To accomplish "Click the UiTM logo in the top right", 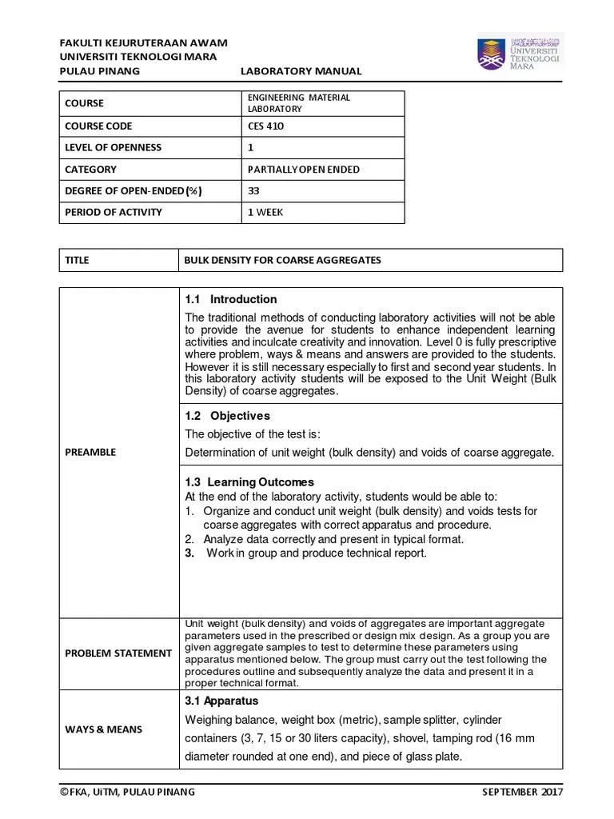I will pos(520,53).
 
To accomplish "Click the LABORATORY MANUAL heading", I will pos(301,71).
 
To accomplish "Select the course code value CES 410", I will pos(265,126).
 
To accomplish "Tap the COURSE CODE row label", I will pos(98,126).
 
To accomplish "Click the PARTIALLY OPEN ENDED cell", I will pos(304,170).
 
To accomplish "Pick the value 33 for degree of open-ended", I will pos(254,191).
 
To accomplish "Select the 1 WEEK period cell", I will pos(266,213).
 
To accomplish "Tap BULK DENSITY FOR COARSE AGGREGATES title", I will pos(282,261).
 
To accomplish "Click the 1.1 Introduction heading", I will pos(230,300).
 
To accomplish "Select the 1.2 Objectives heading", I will pos(227,416).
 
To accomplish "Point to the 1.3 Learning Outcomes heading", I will pos(249,482).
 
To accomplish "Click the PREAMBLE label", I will pos(90,453).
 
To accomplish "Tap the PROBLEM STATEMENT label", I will pos(118,653).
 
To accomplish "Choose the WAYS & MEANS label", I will pos(103,729).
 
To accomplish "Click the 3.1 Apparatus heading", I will pos(221,701).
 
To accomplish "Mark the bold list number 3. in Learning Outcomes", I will pos(189,553).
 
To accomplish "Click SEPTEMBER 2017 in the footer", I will pos(523,793).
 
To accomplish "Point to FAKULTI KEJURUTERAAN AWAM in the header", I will pos(144,43).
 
